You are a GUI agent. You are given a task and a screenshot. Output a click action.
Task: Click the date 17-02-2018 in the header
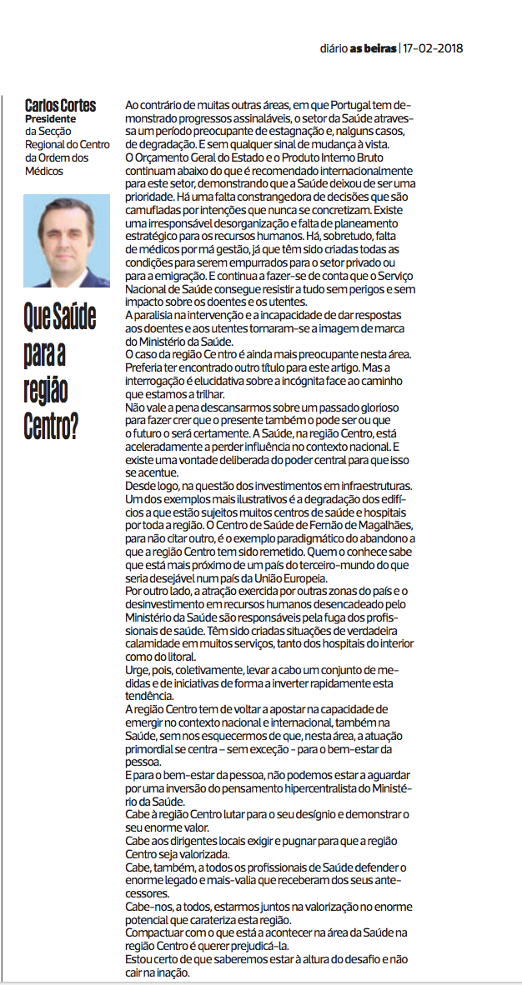tap(434, 47)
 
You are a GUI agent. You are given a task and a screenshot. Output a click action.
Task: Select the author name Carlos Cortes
tap(60, 105)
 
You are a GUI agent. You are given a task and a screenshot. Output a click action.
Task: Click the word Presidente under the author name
tap(50, 118)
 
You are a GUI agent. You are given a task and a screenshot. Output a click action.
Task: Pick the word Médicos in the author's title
tap(44, 171)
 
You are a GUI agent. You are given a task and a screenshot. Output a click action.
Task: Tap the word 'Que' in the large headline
tap(38, 317)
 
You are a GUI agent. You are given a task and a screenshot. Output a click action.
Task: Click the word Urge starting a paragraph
tap(137, 670)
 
